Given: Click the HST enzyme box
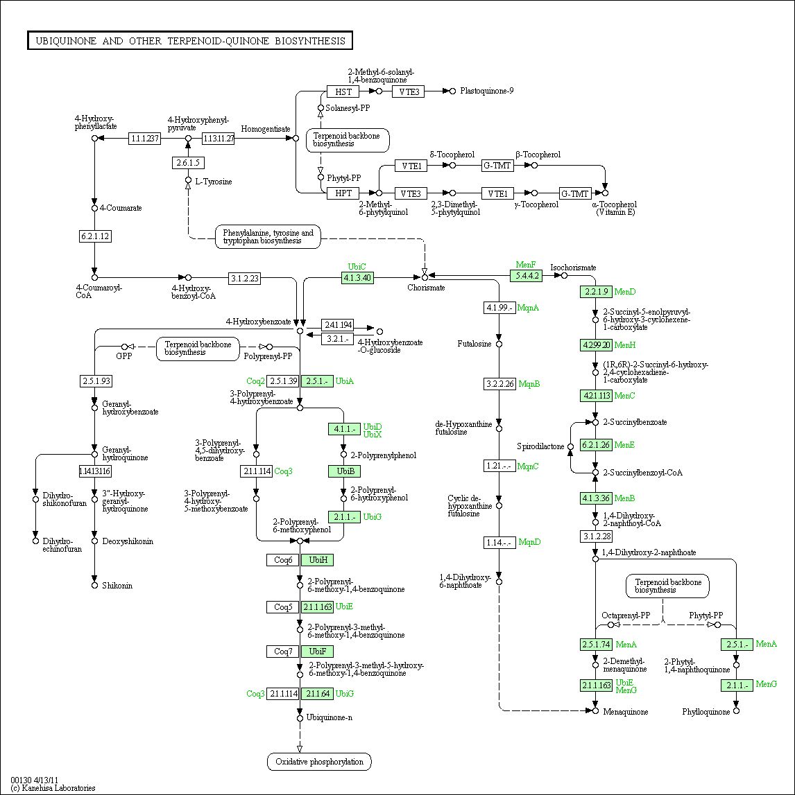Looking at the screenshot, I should [343, 91].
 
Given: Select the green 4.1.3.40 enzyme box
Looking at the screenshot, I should [357, 278].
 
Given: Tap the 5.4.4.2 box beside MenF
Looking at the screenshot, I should [525, 275].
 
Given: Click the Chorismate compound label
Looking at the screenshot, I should [426, 288].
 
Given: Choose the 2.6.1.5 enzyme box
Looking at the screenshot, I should [188, 163].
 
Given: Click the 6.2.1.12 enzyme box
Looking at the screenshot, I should [95, 236].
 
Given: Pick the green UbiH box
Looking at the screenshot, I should [317, 559].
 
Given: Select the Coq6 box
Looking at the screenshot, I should [283, 559].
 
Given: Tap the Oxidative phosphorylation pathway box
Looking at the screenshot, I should [319, 762].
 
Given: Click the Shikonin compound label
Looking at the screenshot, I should [117, 586].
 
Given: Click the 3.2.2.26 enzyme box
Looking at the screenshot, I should [499, 383].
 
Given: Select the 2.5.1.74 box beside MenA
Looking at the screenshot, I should [596, 645].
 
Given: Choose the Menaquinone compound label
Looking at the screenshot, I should [625, 712].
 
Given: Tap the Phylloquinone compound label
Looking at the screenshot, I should [706, 712].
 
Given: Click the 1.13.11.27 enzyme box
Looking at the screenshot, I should [219, 139].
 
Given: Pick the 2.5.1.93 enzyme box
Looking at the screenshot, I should [95, 381].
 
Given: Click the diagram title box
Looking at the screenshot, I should [190, 41].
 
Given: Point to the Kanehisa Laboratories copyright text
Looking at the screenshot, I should [53, 788].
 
